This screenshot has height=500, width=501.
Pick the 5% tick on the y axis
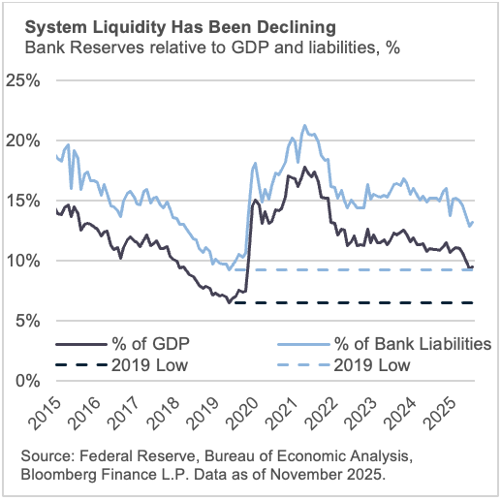pos(36,320)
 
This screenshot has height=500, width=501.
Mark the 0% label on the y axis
pos(36,380)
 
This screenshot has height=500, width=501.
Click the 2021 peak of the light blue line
pos(304,125)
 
